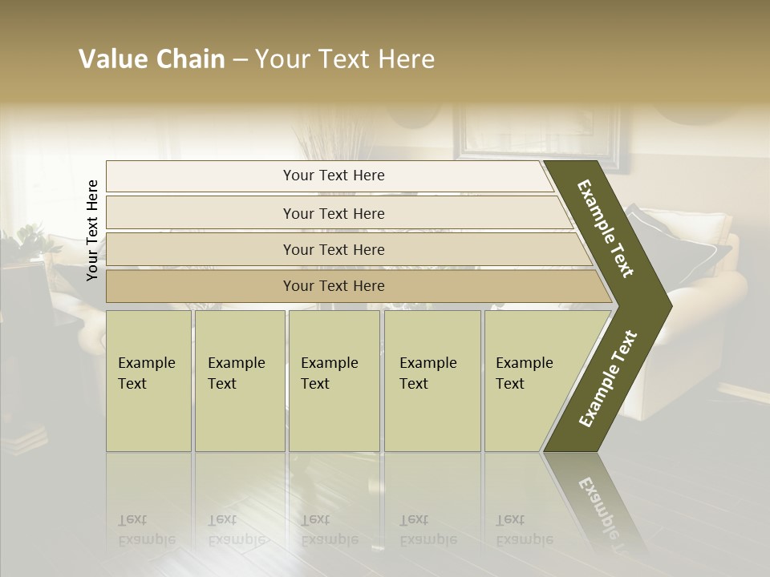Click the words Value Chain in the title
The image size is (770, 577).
[x=152, y=59]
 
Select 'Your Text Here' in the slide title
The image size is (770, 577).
[x=345, y=59]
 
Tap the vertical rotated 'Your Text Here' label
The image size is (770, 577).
[x=92, y=230]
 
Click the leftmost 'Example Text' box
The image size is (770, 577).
[x=148, y=381]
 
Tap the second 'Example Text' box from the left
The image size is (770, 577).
[x=239, y=381]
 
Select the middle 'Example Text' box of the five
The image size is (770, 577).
[x=334, y=381]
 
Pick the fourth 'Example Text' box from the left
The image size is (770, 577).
[x=432, y=381]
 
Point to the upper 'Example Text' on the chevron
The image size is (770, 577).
[x=606, y=228]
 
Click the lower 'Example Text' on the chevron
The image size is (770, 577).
[x=608, y=379]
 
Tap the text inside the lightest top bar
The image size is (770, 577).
[x=334, y=176]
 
